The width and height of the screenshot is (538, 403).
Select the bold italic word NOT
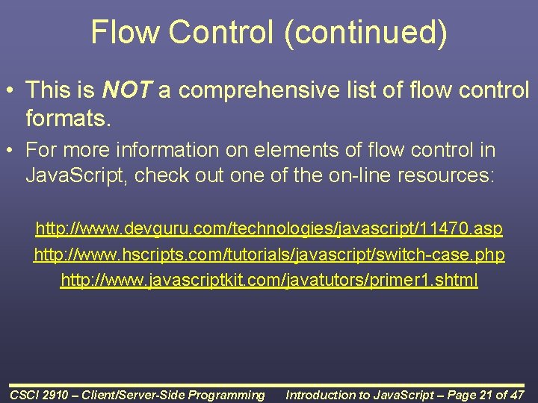point(127,91)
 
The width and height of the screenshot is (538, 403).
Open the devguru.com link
point(269,228)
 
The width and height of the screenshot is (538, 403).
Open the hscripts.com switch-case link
point(269,254)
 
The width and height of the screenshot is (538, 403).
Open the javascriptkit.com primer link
point(269,281)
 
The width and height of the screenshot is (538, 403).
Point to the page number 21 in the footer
point(483,395)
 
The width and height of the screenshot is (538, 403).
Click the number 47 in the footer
point(516,395)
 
